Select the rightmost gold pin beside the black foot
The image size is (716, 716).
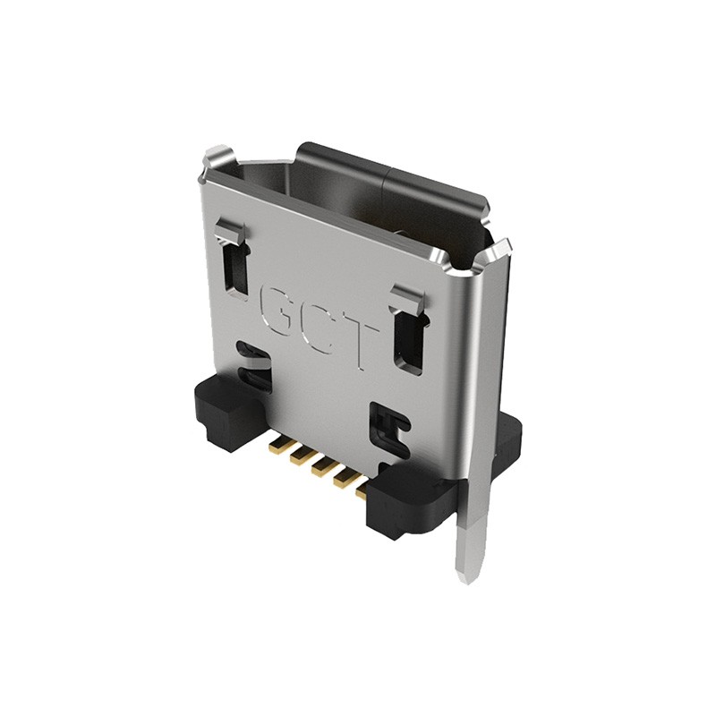point(362,490)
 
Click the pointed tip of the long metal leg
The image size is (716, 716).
point(465,575)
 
